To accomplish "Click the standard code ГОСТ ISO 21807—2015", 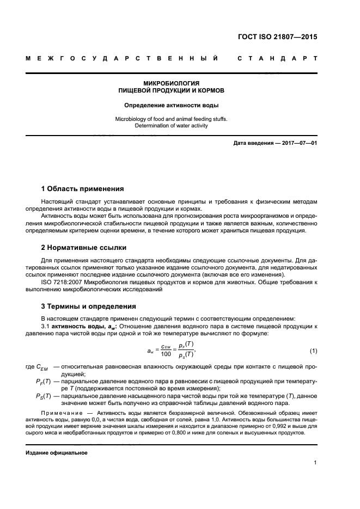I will pyautogui.click(x=277, y=38).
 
